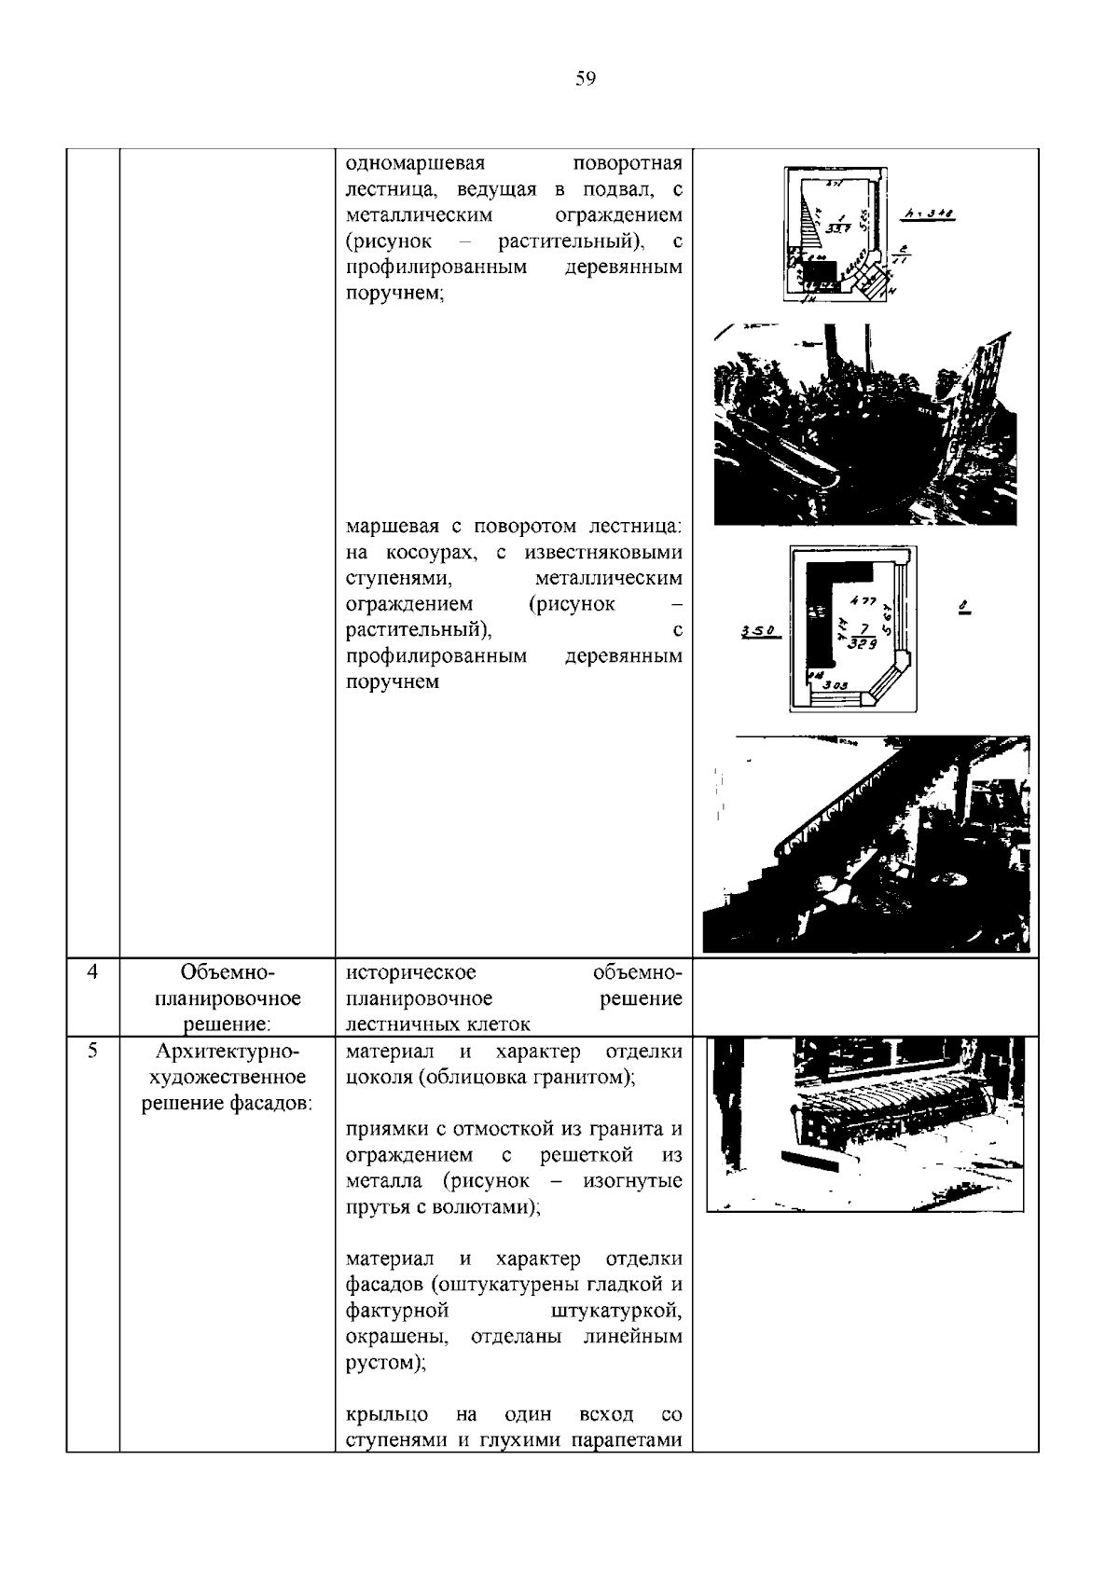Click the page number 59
point(586,79)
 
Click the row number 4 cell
point(92,972)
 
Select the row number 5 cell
point(92,1052)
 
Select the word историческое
point(410,973)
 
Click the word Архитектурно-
point(227,1052)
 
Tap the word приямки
point(386,1130)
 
